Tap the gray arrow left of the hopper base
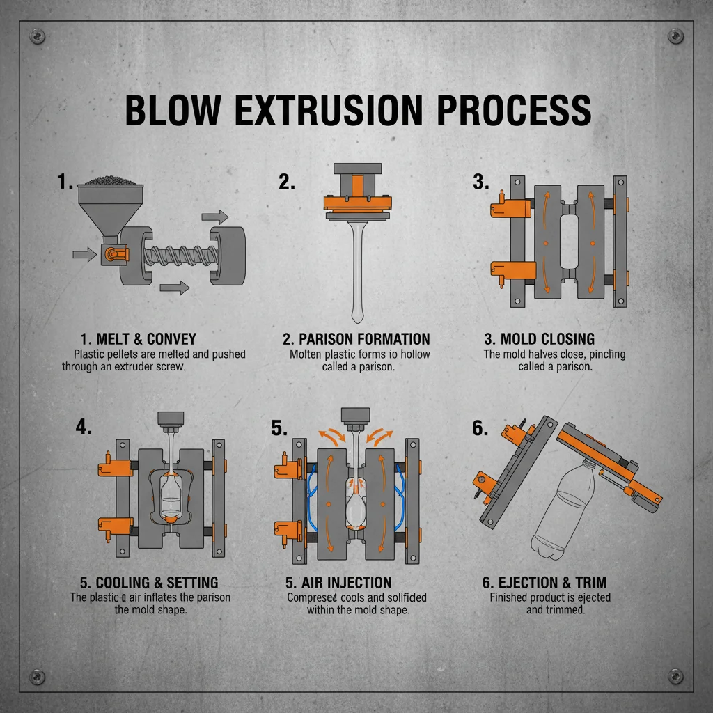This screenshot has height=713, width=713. click(x=84, y=256)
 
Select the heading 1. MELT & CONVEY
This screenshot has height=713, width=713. click(x=139, y=340)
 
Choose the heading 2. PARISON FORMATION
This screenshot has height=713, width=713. click(x=356, y=340)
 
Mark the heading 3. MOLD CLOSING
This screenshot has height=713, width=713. click(x=540, y=340)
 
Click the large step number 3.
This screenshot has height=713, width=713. click(x=480, y=182)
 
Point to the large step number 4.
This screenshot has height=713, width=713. click(x=83, y=428)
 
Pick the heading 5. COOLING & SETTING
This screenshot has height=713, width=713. click(x=147, y=583)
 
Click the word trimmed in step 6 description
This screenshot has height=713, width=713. click(x=565, y=610)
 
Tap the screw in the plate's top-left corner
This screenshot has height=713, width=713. click(x=38, y=36)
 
